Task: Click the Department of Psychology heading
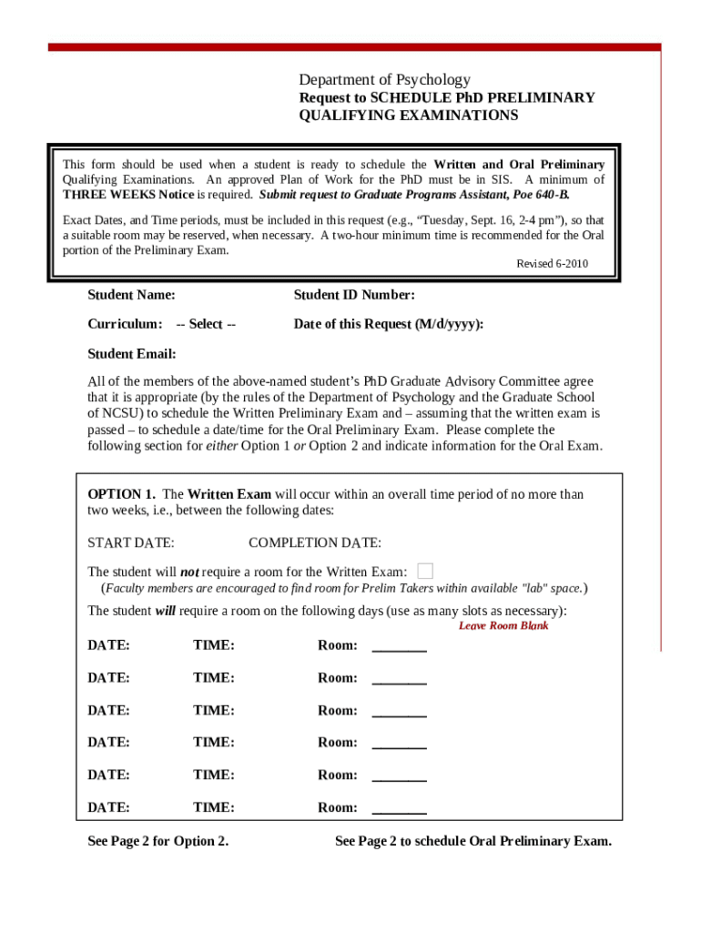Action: (384, 79)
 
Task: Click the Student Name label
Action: (131, 295)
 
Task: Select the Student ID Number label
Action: (354, 295)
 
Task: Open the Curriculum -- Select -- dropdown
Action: (206, 324)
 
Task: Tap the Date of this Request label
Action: (388, 324)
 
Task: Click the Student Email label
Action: (131, 353)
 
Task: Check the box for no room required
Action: (425, 571)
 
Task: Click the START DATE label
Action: (130, 542)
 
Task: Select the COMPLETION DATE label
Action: (315, 542)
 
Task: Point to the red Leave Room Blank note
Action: (503, 625)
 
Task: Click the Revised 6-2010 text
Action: (553, 264)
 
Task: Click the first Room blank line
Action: (399, 646)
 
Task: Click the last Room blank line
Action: (399, 808)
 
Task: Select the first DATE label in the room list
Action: (108, 645)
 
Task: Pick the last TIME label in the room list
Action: (214, 807)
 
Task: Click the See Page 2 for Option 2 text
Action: (157, 841)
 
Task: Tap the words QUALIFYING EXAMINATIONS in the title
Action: (409, 116)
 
